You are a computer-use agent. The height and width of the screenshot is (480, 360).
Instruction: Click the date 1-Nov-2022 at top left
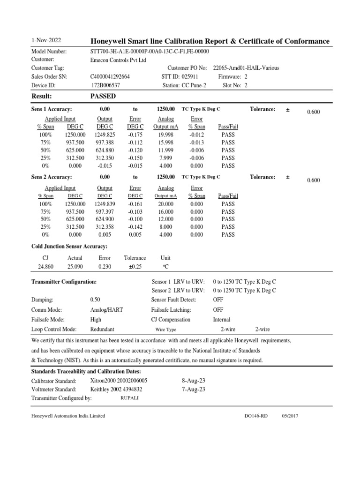click(46, 41)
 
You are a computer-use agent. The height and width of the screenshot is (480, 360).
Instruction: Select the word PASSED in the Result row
click(103, 96)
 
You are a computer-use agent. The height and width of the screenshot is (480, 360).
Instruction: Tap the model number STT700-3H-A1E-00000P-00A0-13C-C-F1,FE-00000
click(149, 52)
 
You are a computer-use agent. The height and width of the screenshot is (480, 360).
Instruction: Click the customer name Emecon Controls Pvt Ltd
click(118, 60)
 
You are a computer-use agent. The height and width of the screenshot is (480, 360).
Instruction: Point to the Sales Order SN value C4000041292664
click(110, 76)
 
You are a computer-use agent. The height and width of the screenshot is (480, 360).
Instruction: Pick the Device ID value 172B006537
click(106, 85)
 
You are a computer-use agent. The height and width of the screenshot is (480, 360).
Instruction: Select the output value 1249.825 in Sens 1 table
click(105, 135)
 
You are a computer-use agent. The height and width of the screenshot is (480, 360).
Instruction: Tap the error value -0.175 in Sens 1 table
click(135, 135)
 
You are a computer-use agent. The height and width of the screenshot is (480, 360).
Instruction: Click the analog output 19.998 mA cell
click(164, 135)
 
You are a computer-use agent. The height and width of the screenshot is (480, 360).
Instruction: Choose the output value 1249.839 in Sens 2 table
click(105, 204)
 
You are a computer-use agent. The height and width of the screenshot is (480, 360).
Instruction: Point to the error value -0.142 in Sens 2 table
click(135, 227)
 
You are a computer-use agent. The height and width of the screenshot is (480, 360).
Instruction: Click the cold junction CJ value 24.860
click(46, 267)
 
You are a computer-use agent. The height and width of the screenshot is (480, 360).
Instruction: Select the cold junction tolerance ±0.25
click(135, 267)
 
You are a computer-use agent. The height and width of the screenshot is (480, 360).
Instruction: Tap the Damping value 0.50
click(95, 299)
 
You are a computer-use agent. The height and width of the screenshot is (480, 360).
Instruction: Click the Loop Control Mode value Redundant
click(102, 330)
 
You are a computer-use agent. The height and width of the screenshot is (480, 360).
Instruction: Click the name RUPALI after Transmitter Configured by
click(129, 397)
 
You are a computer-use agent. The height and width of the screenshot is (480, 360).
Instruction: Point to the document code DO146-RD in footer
click(256, 416)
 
